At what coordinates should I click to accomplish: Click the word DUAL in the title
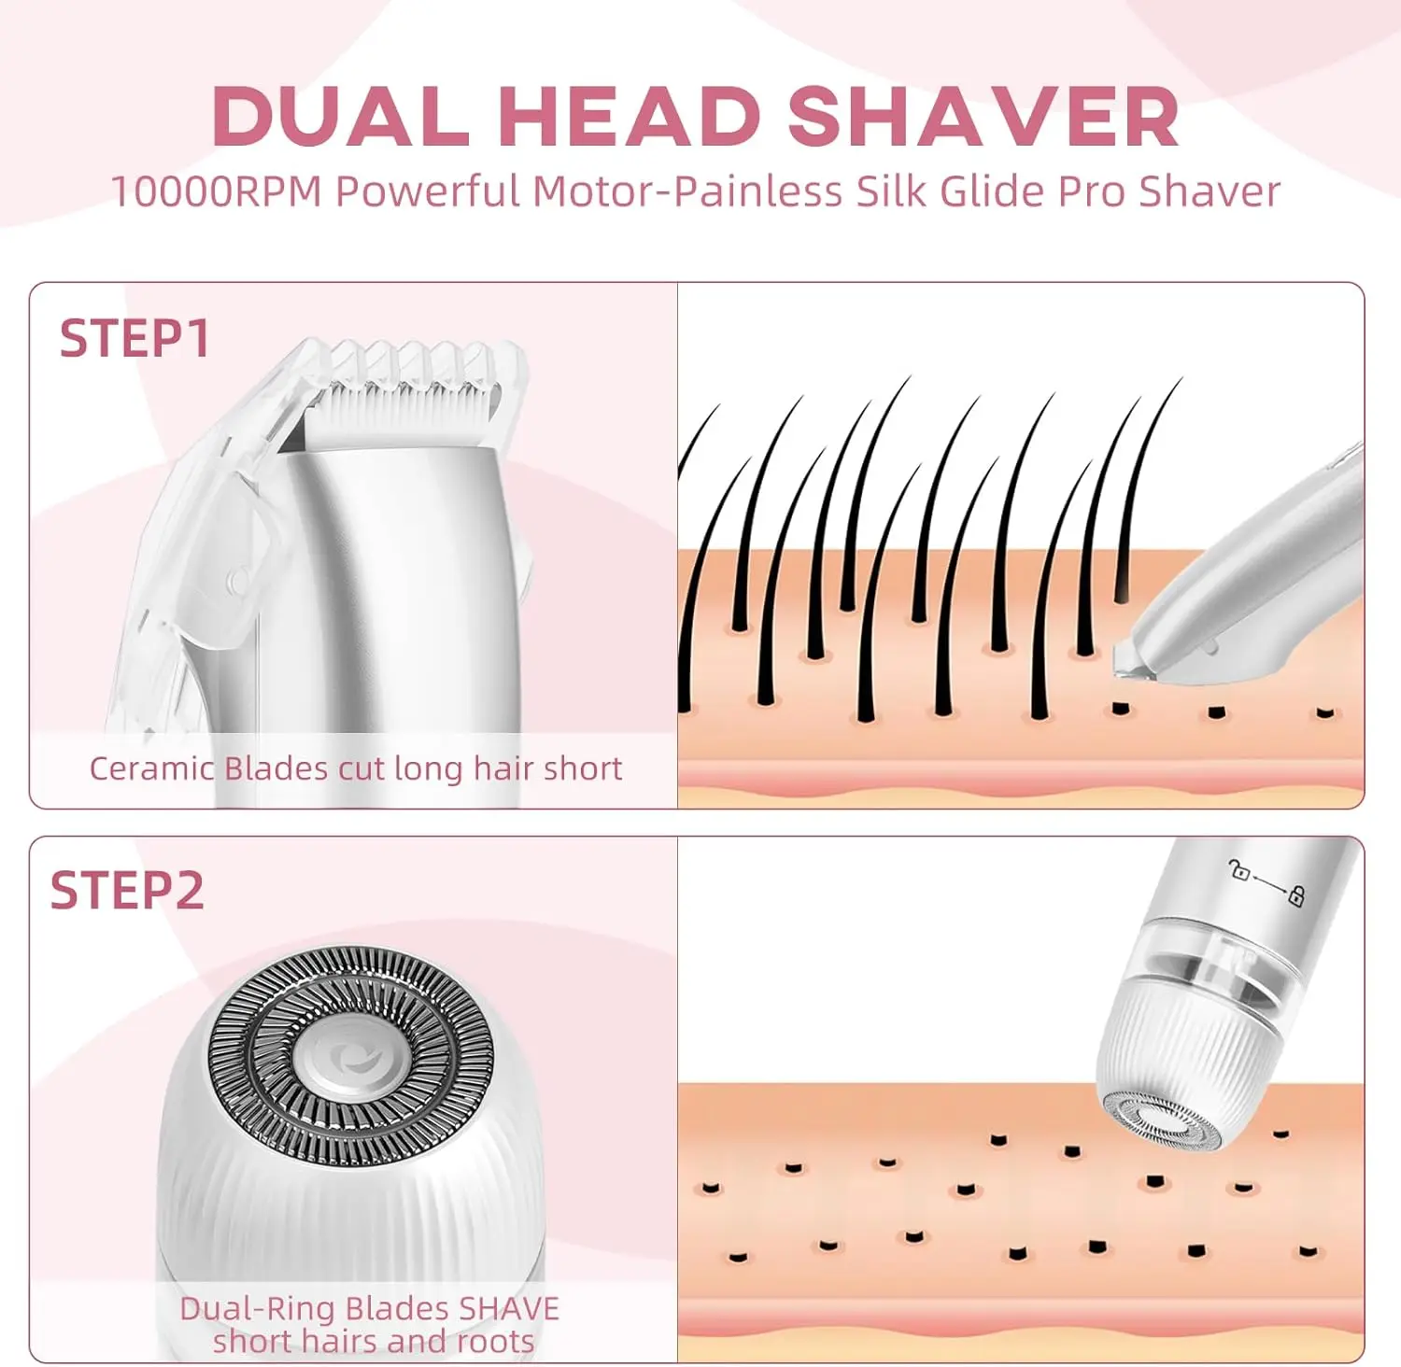(341, 117)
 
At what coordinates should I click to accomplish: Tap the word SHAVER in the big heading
(983, 117)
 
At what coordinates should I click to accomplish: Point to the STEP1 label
(134, 338)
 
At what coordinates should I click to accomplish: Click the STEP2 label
(127, 891)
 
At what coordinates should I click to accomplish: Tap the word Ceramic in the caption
(151, 768)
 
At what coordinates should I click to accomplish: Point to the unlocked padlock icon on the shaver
(1240, 872)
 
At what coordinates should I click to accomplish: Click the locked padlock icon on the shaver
(1296, 896)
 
